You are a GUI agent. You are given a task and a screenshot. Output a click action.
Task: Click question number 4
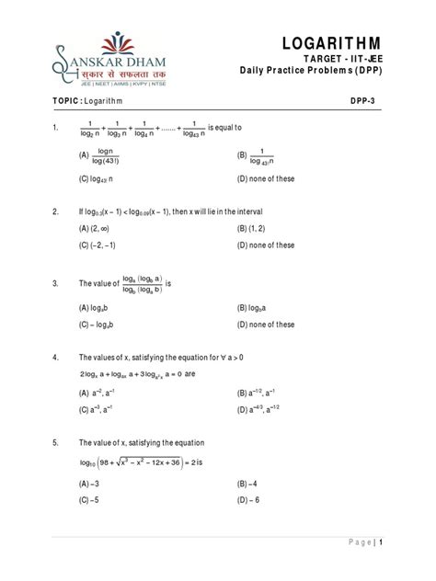click(57, 357)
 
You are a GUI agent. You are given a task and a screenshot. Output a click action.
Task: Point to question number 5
click(57, 441)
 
